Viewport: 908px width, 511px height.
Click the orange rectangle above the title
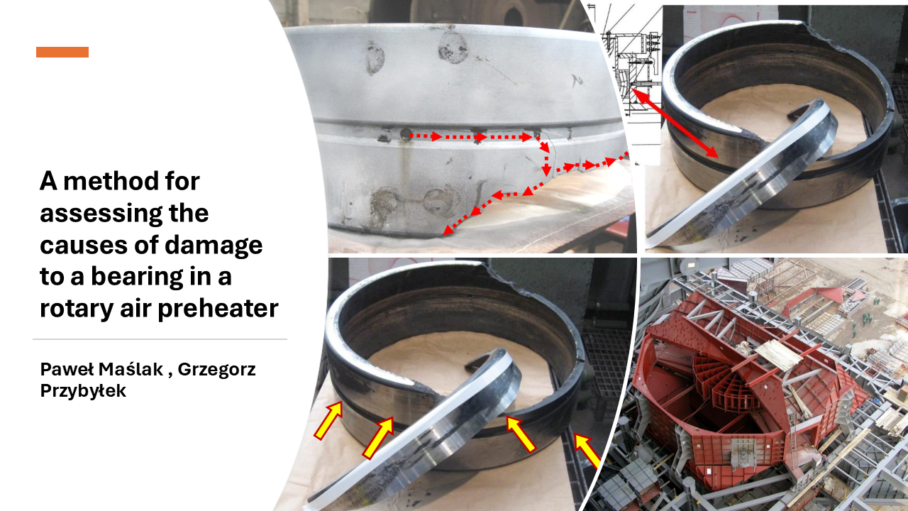tap(62, 52)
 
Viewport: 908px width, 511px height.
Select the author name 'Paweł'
tap(67, 369)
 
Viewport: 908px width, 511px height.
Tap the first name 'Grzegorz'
tap(216, 370)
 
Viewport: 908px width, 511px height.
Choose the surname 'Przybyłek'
tap(83, 391)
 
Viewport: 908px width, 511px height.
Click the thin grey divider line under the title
tap(160, 339)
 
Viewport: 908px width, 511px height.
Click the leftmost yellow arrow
tap(328, 420)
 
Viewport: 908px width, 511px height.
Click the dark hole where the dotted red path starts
tap(406, 135)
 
